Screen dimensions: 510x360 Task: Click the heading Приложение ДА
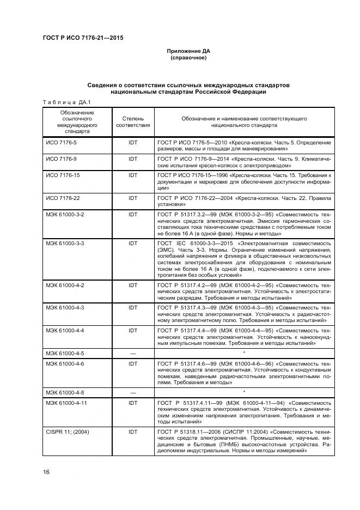tap(188, 51)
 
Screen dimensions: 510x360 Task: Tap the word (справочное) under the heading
tap(188, 58)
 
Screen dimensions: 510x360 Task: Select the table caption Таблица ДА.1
tap(66, 102)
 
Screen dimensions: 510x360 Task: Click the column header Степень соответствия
tap(133, 122)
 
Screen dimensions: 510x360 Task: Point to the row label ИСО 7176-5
tap(61, 142)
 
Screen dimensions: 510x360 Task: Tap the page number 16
tap(46, 471)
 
